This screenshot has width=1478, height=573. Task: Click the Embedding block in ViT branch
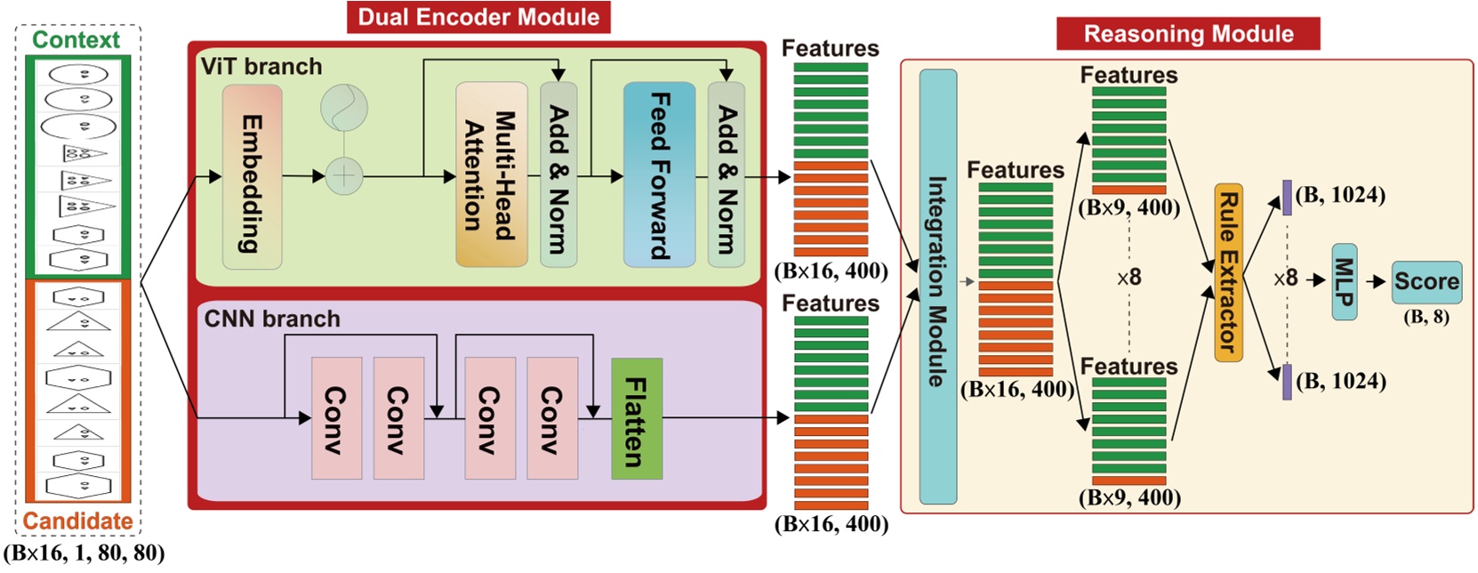coord(252,177)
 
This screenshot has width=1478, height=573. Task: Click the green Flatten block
coord(637,419)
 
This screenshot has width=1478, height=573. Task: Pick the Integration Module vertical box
coord(937,286)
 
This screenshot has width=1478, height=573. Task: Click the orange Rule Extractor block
coord(1228,272)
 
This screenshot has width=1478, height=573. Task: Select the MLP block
coord(1344,281)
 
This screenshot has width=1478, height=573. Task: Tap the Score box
coord(1426,282)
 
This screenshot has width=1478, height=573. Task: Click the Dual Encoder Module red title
coord(478,17)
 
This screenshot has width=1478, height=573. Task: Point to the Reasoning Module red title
coord(1188,34)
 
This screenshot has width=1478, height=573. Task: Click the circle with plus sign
coord(344,175)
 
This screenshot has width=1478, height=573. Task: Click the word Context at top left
coord(76,40)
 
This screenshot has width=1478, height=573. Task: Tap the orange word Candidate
coord(77,521)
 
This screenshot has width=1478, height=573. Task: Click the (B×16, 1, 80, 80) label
coord(84,553)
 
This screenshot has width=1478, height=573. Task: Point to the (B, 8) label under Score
coord(1426,317)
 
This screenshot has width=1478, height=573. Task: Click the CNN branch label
coord(272,319)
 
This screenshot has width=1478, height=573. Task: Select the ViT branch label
coord(261,67)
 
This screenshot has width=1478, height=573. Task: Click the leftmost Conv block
coord(336,419)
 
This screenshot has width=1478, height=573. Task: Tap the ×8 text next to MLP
coord(1286,278)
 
